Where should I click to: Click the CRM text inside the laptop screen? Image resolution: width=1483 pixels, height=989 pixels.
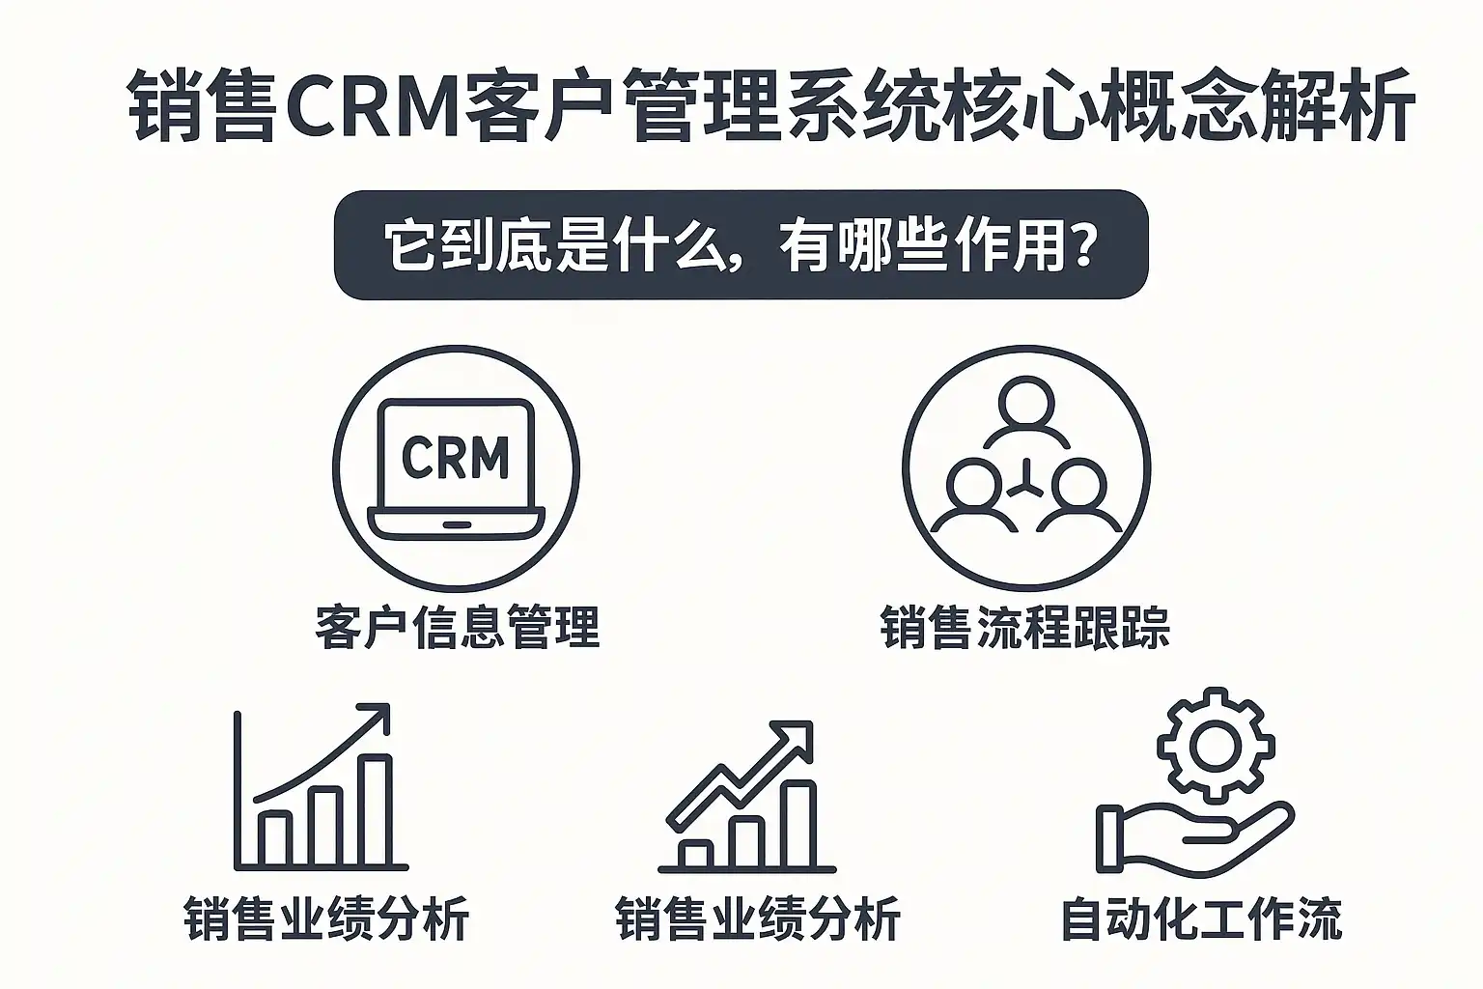pyautogui.click(x=455, y=457)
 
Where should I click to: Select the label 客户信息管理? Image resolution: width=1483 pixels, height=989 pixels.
pyautogui.click(x=457, y=626)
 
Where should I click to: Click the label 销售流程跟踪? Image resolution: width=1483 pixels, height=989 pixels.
pyautogui.click(x=1025, y=626)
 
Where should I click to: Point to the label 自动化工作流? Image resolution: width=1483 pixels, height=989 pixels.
pyautogui.click(x=1201, y=918)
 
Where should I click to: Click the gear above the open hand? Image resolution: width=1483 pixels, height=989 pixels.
pyautogui.click(x=1216, y=746)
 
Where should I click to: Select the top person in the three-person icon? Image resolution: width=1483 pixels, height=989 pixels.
pyautogui.click(x=1025, y=404)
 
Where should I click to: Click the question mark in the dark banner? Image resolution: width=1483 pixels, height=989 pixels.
pyautogui.click(x=1084, y=245)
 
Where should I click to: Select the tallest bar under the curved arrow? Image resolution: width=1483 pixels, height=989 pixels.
pyautogui.click(x=376, y=811)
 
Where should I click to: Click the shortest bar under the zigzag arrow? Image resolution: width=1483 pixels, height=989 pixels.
pyautogui.click(x=696, y=853)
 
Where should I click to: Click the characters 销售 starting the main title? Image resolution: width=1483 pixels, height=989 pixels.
pyautogui.click(x=204, y=104)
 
